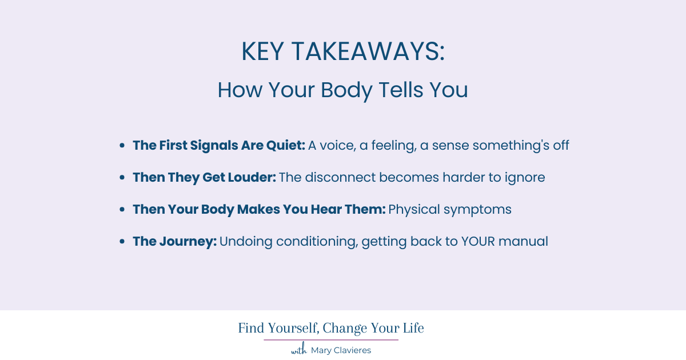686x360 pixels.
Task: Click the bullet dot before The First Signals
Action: (122, 146)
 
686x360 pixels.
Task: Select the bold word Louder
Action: (253, 177)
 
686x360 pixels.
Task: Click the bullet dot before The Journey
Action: (122, 242)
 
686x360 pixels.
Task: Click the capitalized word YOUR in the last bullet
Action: (478, 241)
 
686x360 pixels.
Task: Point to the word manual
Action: (524, 241)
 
